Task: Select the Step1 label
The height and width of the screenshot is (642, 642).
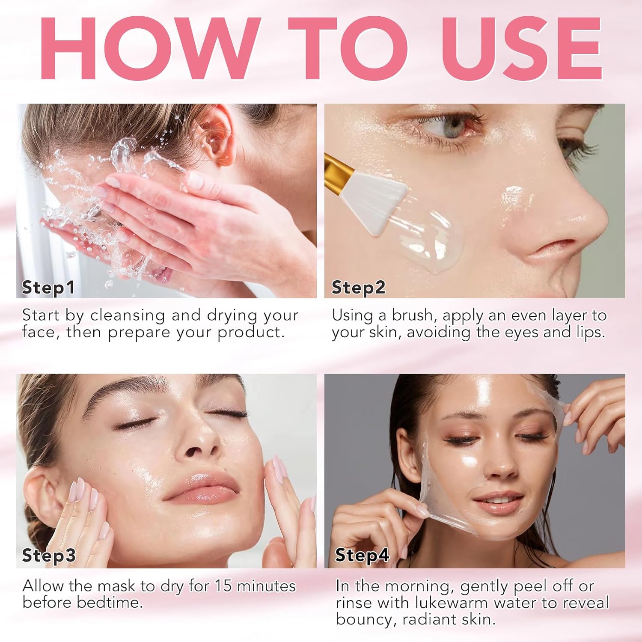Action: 48,288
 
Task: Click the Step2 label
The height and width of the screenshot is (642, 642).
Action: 358,288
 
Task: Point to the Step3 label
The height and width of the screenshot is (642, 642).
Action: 49,556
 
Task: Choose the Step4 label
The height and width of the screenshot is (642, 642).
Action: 362,556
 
